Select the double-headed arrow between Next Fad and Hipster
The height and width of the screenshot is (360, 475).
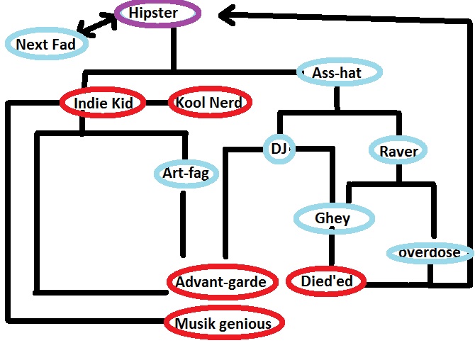coord(97,26)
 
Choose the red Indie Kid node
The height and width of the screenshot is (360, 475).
coord(103,103)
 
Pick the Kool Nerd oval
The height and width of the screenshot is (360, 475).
coord(210,103)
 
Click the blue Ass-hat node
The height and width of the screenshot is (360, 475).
coord(339,72)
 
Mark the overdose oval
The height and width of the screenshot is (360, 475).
coord(429,253)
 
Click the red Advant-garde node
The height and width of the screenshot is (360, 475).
coord(220,282)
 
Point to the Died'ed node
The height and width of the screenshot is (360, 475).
coord(327,282)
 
